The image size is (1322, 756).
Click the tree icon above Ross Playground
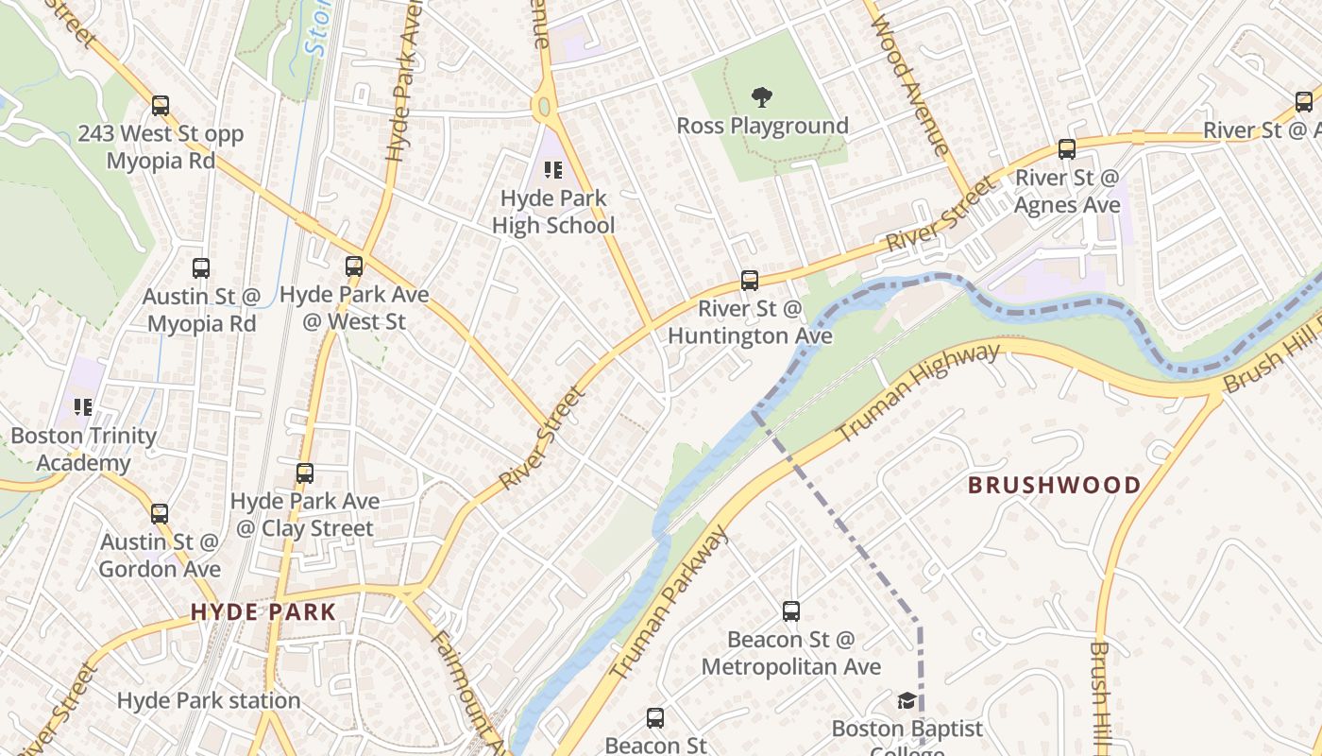[x=762, y=96]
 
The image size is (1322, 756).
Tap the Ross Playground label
[x=762, y=126]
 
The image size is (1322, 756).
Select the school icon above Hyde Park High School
[x=553, y=170]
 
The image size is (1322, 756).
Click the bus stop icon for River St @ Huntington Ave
[x=750, y=280]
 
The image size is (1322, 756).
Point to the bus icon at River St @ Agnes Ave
[x=1067, y=149]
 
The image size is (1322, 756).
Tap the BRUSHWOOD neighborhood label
[x=1055, y=486]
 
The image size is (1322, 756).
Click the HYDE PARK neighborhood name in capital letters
[x=263, y=611]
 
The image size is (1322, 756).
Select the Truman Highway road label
[x=918, y=392]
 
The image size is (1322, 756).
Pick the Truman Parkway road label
[x=669, y=603]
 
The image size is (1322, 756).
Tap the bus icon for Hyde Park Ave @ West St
[x=354, y=266]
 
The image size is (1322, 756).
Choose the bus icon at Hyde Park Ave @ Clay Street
[x=305, y=473]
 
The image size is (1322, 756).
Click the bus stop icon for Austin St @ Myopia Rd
[x=200, y=268]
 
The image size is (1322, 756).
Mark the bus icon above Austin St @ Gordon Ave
[x=160, y=514]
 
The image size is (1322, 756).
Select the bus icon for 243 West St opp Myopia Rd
[x=161, y=106]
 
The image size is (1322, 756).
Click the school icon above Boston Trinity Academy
[x=83, y=407]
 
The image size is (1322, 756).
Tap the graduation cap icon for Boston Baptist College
[x=907, y=700]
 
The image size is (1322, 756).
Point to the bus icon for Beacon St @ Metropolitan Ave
[x=791, y=611]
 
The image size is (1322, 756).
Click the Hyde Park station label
[x=209, y=700]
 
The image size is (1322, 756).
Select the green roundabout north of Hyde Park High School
[x=542, y=107]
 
